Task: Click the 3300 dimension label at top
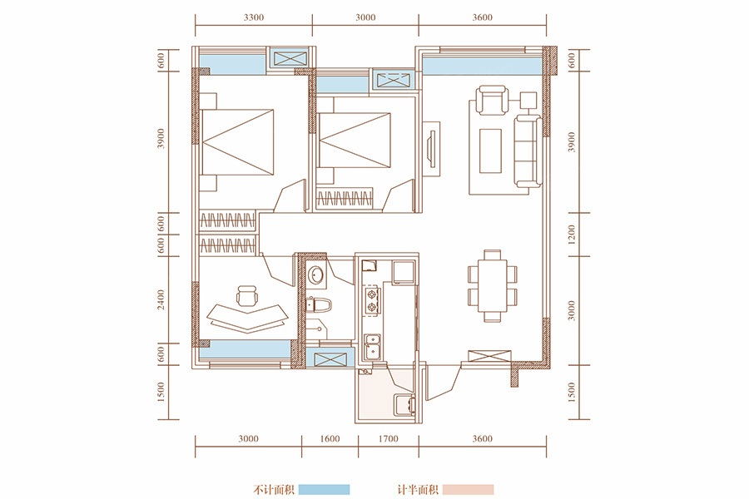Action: coord(254,17)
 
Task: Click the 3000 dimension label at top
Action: coord(365,17)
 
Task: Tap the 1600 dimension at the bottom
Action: coord(330,439)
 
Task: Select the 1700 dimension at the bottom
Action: coord(388,439)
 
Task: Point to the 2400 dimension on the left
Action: coord(161,300)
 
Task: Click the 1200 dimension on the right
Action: coord(573,235)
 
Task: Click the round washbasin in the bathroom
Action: coord(315,275)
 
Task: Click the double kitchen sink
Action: coord(372,347)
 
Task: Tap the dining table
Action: coord(493,286)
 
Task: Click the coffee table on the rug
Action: coord(490,151)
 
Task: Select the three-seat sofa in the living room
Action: coord(528,151)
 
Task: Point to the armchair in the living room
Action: coord(493,100)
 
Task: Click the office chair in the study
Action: coord(247,295)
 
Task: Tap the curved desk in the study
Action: coord(247,317)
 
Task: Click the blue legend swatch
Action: coord(324,490)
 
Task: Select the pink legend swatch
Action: coord(468,490)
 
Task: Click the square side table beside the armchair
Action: coord(528,101)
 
